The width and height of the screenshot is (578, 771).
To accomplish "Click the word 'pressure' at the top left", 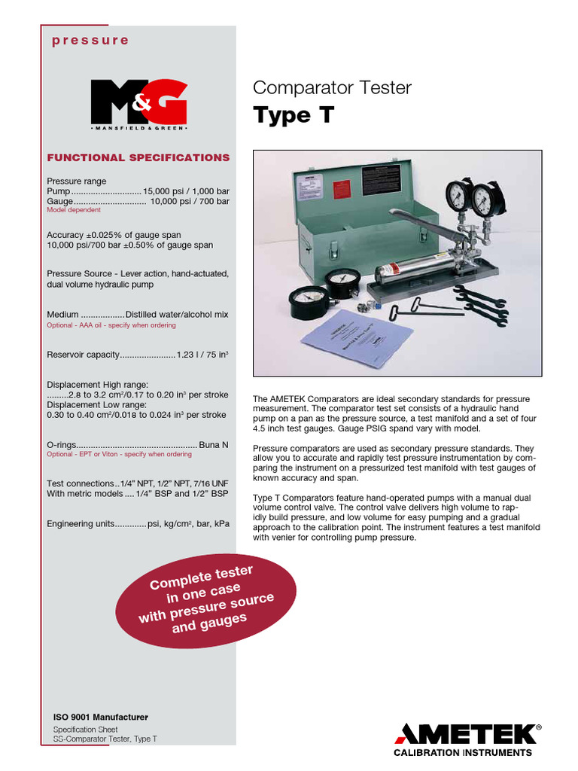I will [x=90, y=41].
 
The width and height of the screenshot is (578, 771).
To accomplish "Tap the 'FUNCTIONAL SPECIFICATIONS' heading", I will [x=138, y=158].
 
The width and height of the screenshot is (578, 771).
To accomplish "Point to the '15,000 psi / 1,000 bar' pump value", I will [x=186, y=192].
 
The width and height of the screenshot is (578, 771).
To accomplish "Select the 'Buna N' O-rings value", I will [x=214, y=445].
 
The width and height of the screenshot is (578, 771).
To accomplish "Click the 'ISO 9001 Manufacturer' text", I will [x=100, y=717].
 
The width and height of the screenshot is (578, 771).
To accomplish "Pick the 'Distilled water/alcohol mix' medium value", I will [x=177, y=315].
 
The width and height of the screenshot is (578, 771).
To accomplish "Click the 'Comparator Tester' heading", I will [x=332, y=88].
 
